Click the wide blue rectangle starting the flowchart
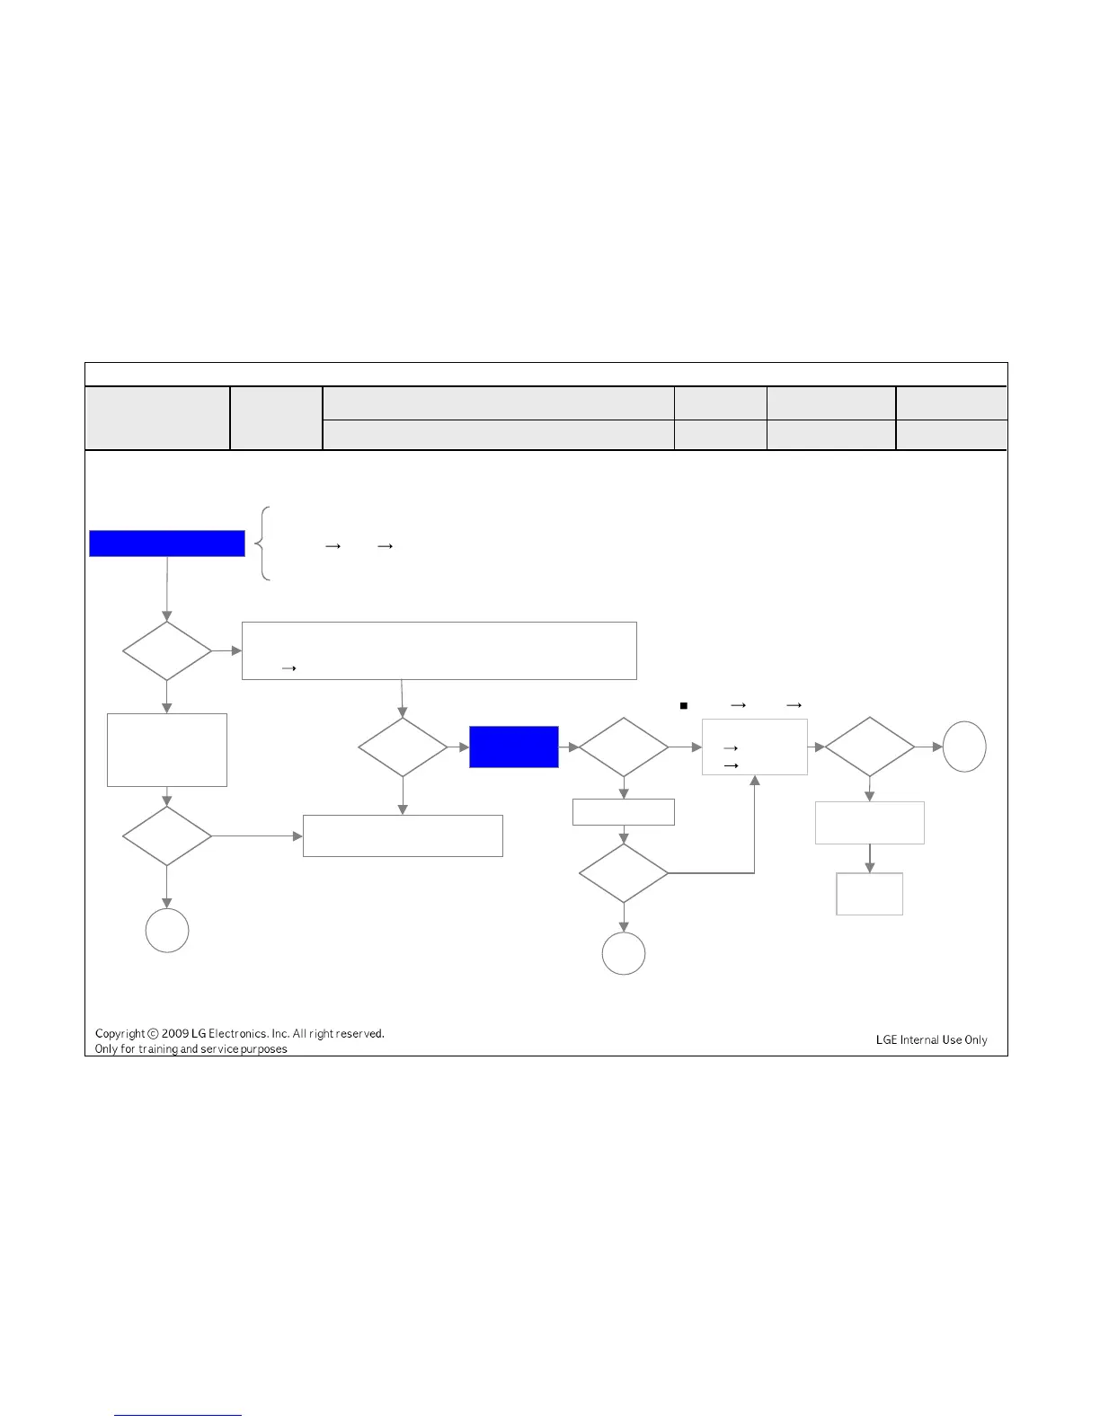[167, 544]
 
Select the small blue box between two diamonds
[514, 747]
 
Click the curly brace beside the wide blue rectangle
[264, 544]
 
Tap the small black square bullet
[684, 706]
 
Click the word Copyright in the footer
[120, 1034]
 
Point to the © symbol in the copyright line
[153, 1034]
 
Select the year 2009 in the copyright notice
[175, 1034]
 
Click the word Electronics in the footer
[237, 1034]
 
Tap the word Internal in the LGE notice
[919, 1040]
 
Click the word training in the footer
[157, 1049]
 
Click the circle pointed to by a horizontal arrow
[964, 747]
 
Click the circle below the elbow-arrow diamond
[624, 953]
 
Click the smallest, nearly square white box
[869, 894]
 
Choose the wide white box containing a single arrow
[439, 650]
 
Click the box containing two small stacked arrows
[755, 747]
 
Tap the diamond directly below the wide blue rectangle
[167, 650]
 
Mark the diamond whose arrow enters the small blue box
[403, 747]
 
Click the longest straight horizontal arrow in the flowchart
[257, 836]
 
